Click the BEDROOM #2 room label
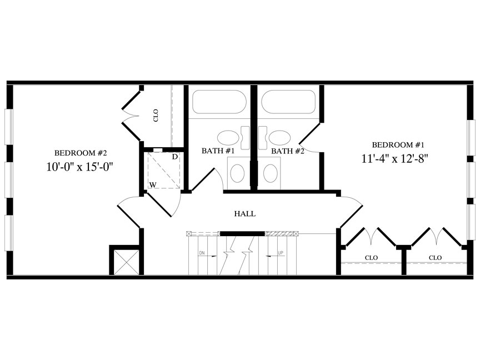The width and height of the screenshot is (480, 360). coord(80,153)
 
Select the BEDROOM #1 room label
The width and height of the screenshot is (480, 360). coord(398,145)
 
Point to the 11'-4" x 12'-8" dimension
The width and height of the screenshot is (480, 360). coord(394,158)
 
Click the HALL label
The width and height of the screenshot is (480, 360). coord(245,214)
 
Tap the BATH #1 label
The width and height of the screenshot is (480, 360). coord(218,151)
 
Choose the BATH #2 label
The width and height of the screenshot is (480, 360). coord(288,151)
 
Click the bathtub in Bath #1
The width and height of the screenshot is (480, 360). coord(219,102)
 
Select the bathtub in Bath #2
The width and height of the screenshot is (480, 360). coord(288,102)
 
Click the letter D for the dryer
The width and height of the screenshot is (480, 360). coord(175,157)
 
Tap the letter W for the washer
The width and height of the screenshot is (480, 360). coord(153,184)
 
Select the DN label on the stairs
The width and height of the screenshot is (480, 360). coord(202,253)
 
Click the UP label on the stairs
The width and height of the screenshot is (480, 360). coord(281,253)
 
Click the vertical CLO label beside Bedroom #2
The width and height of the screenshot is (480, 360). coord(156,116)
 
